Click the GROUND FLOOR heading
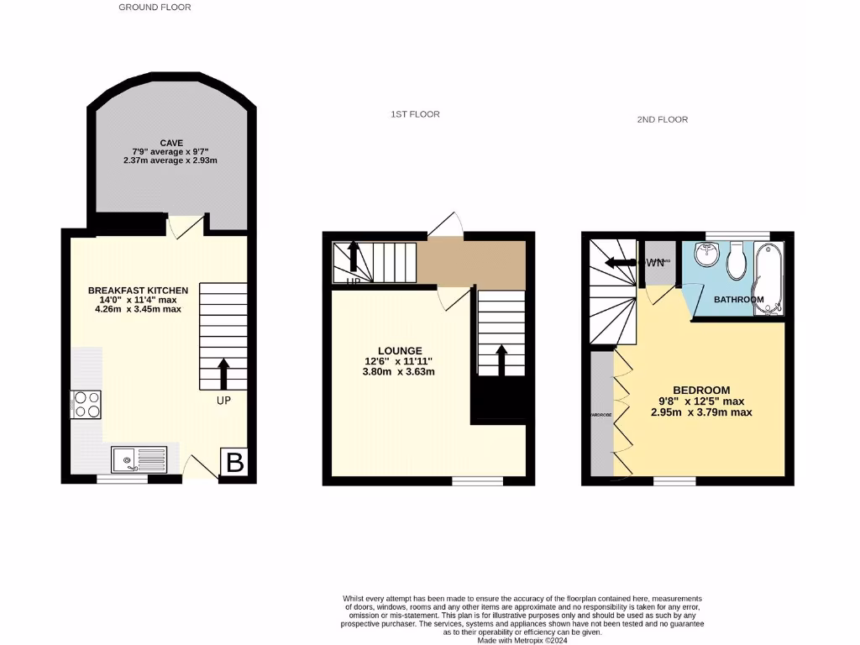tap(155, 8)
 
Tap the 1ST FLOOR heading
tap(415, 114)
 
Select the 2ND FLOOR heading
tap(662, 120)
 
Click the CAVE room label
tap(171, 144)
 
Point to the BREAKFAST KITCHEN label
tap(138, 291)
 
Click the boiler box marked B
tap(235, 462)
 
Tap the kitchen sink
tap(139, 459)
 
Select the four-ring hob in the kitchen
tap(87, 404)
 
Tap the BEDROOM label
tap(700, 391)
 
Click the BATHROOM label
tap(738, 300)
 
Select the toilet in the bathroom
tap(737, 260)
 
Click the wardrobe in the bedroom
tap(601, 414)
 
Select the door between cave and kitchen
tap(186, 225)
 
